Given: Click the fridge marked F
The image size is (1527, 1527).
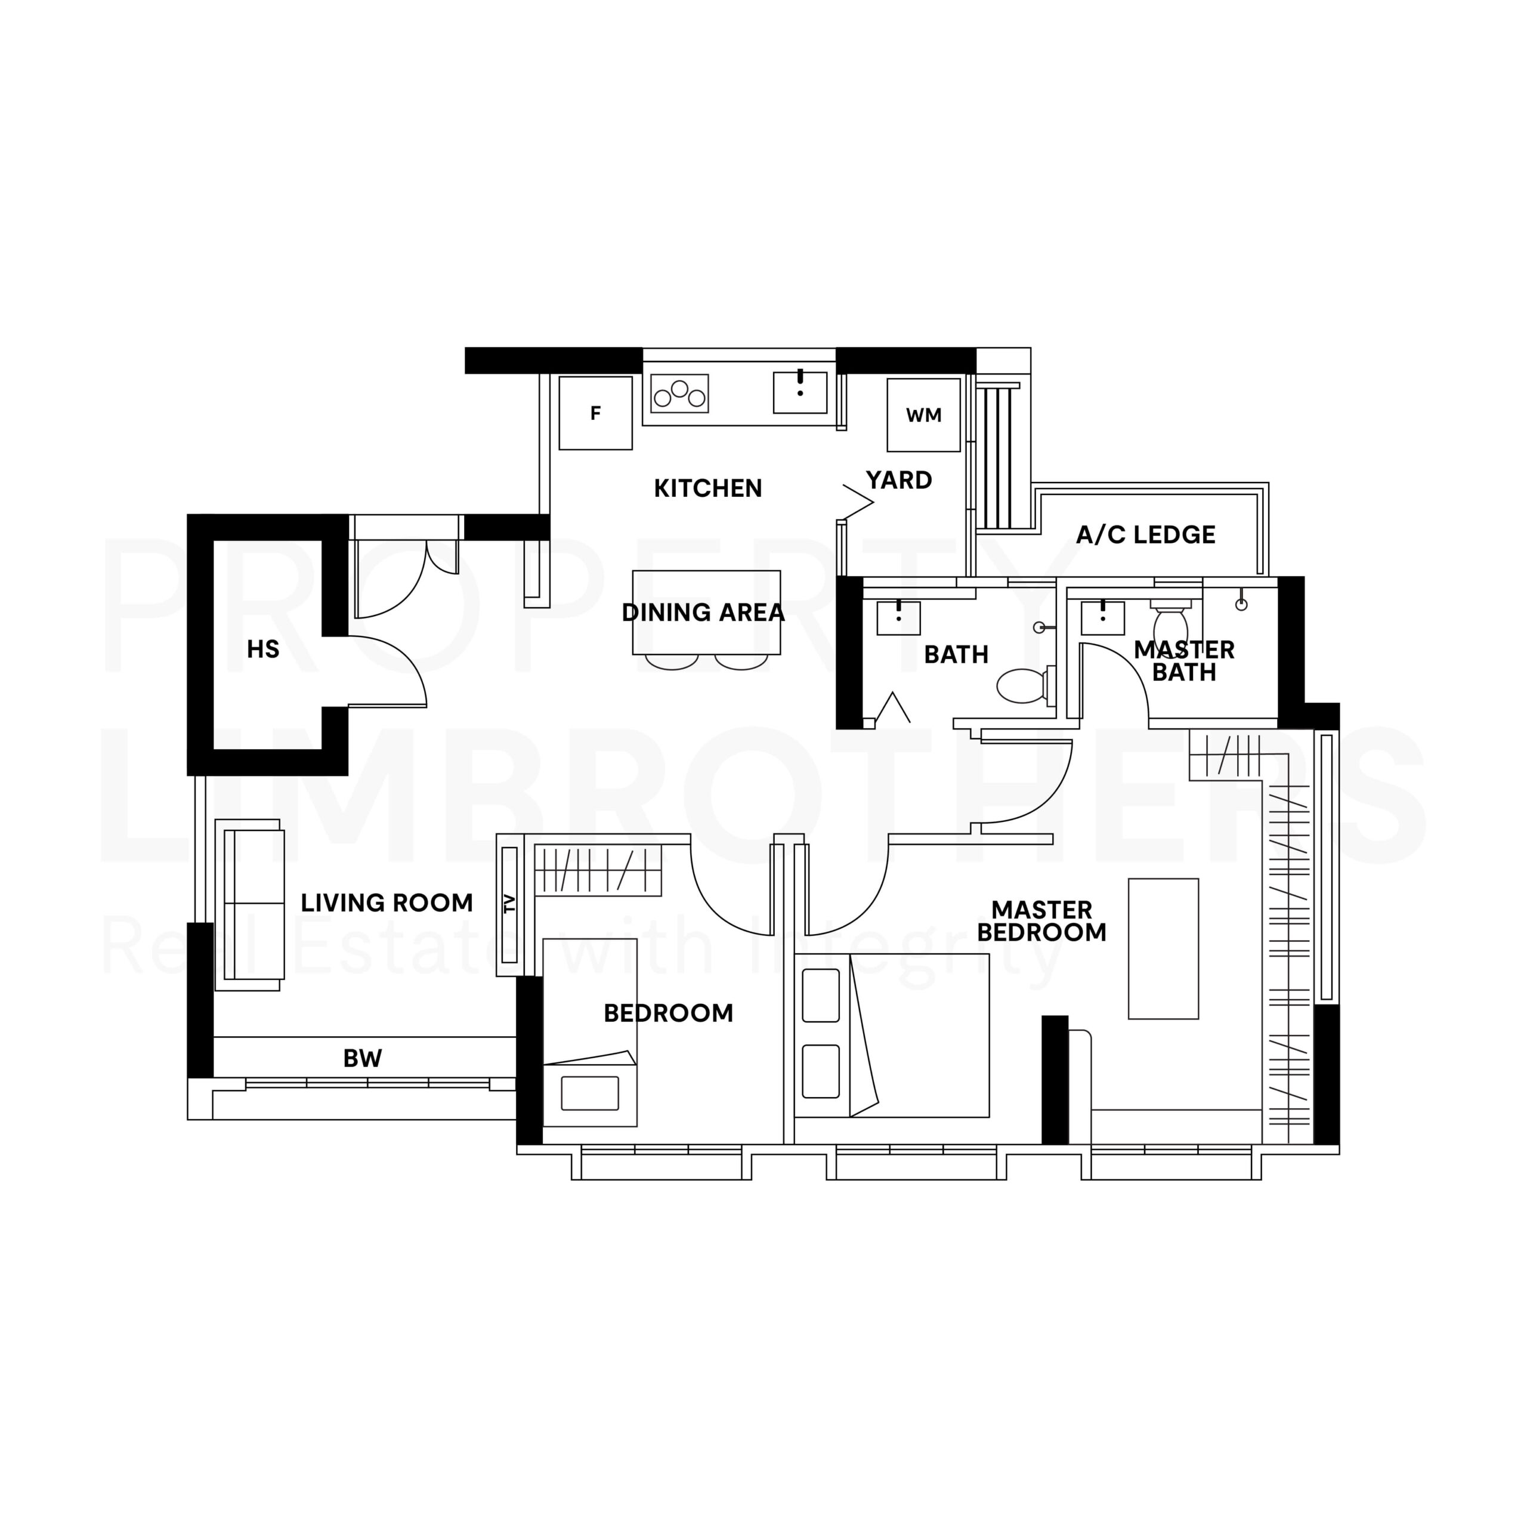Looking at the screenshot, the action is pos(595,413).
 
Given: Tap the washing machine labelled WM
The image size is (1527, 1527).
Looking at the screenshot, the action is pos(923,415).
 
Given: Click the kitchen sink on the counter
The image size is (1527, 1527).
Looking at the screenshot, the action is pos(800,392).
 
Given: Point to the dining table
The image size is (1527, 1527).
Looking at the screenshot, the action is pos(706,613).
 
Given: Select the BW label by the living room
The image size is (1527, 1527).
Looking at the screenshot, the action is pos(363,1058).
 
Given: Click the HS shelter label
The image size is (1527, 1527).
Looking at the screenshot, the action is pos(263,649).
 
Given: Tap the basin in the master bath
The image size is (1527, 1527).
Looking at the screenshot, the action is pos(1102,617).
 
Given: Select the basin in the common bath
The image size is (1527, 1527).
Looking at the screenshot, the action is pos(899,617).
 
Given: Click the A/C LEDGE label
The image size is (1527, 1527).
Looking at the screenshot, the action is pos(1145,535).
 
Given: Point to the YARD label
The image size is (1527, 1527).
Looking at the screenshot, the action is pos(899,480).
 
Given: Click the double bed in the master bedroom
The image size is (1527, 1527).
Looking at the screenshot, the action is pos(892,1035).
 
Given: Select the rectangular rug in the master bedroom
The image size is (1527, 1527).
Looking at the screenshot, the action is pos(1163,948).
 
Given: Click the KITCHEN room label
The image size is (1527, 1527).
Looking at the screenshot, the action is pos(707,489).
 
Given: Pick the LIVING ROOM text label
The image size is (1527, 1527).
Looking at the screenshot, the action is pos(387,902).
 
